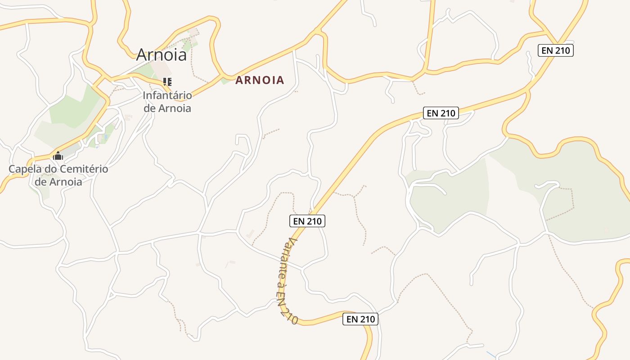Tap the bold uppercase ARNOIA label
(260, 81)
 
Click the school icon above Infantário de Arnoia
(167, 82)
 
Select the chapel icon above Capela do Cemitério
(58, 156)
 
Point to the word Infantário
(167, 95)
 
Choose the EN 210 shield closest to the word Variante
(306, 221)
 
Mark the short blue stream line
(491, 355)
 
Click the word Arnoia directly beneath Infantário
(174, 108)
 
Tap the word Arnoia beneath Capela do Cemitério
(66, 182)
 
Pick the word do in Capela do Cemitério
(49, 170)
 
